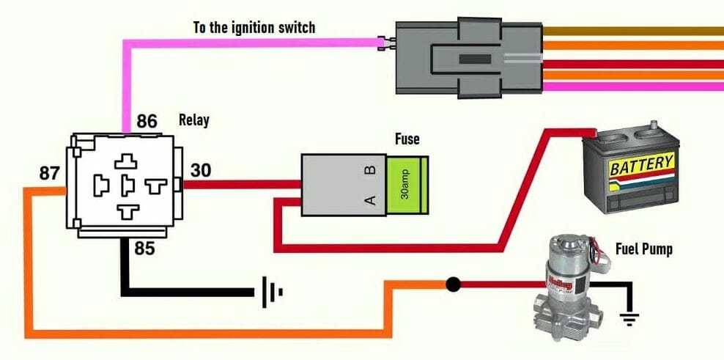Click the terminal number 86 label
pyautogui.click(x=147, y=121)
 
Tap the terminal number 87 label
pyautogui.click(x=50, y=174)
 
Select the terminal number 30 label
pyautogui.click(x=201, y=170)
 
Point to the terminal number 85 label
pyautogui.click(x=145, y=249)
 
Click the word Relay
pyautogui.click(x=193, y=120)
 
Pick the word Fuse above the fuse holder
pyautogui.click(x=407, y=138)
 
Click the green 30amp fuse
pyautogui.click(x=408, y=186)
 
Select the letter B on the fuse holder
pyautogui.click(x=370, y=170)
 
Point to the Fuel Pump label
pyautogui.click(x=643, y=249)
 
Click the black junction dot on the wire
pyautogui.click(x=454, y=283)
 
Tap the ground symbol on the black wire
pyautogui.click(x=271, y=293)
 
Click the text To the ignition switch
pyautogui.click(x=254, y=28)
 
